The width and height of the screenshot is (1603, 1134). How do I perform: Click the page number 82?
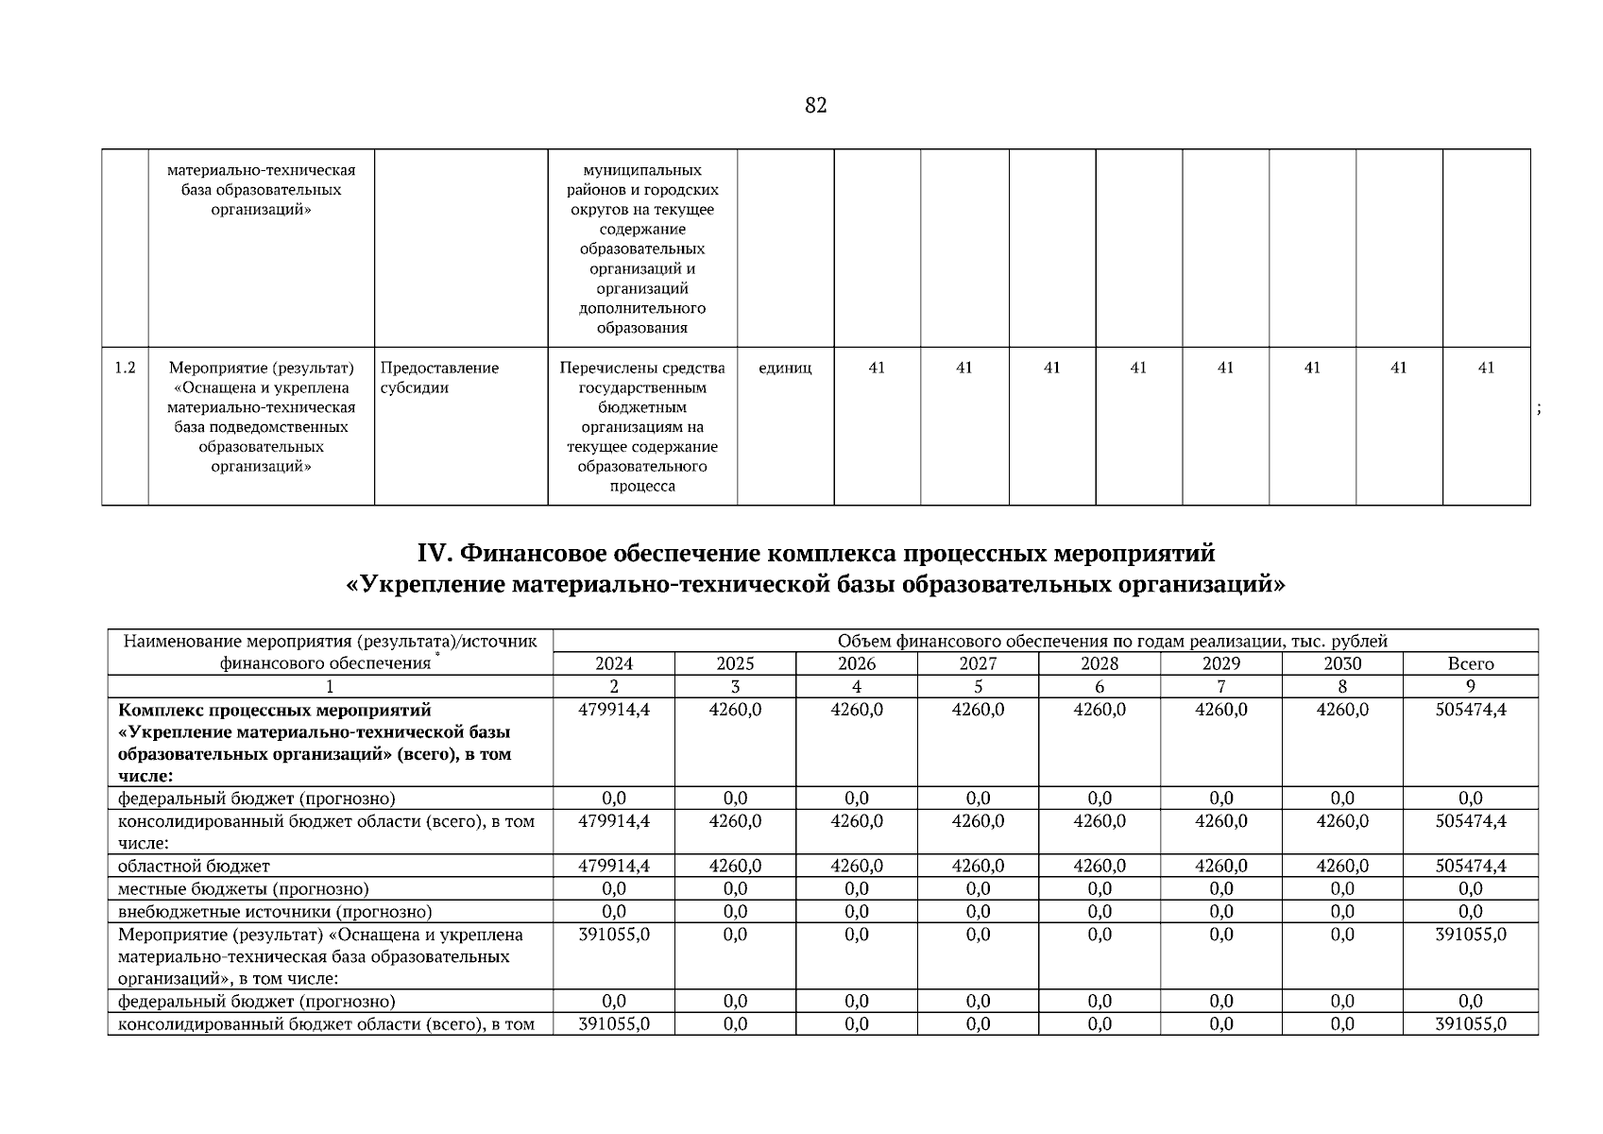pyautogui.click(x=815, y=106)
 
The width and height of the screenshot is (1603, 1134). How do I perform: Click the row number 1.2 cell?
pyautogui.click(x=125, y=368)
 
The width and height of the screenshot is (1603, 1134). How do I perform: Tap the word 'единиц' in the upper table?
pyautogui.click(x=785, y=368)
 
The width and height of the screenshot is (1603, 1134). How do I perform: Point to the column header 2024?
pyautogui.click(x=614, y=663)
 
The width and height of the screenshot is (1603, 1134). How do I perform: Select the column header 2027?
pyautogui.click(x=978, y=663)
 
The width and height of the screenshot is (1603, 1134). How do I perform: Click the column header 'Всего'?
pyautogui.click(x=1470, y=663)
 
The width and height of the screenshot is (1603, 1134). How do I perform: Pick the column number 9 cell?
pyautogui.click(x=1470, y=686)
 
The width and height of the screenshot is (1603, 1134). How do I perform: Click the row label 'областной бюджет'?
pyautogui.click(x=194, y=866)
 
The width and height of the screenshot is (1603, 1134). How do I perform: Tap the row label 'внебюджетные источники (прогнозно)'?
pyautogui.click(x=275, y=912)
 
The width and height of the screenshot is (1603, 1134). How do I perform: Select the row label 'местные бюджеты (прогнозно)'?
pyautogui.click(x=243, y=889)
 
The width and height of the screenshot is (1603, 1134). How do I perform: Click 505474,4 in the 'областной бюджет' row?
pyautogui.click(x=1470, y=866)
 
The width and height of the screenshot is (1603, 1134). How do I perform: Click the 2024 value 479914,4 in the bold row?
pyautogui.click(x=614, y=710)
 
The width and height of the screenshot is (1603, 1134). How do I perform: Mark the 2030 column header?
pyautogui.click(x=1341, y=663)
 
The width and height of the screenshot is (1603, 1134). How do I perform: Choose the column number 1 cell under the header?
pyautogui.click(x=330, y=686)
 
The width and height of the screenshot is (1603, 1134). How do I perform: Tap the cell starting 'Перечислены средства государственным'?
pyautogui.click(x=642, y=426)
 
